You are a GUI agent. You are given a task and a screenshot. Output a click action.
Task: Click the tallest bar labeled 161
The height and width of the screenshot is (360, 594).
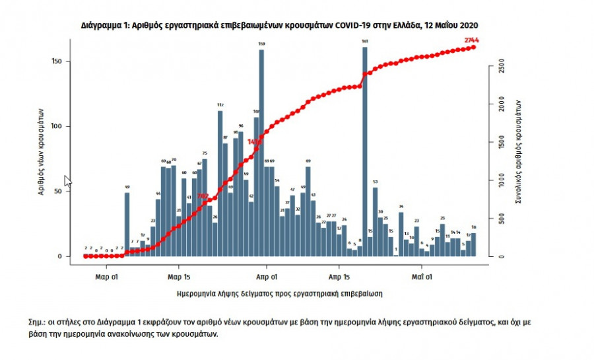365,152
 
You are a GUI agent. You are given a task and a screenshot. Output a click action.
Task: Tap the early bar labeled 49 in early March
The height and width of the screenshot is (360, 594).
127,225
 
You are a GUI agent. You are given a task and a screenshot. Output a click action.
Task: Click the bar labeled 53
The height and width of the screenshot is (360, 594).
375,222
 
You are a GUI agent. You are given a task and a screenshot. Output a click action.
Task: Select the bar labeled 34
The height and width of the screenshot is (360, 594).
401,234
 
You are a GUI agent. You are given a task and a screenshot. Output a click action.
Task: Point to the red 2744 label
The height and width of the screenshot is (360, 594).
471,40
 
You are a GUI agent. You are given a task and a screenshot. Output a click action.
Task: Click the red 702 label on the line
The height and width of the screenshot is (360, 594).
203,196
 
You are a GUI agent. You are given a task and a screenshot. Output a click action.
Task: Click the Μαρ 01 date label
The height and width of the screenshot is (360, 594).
106,277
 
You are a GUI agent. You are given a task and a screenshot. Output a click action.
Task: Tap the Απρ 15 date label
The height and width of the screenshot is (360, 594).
338,277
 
